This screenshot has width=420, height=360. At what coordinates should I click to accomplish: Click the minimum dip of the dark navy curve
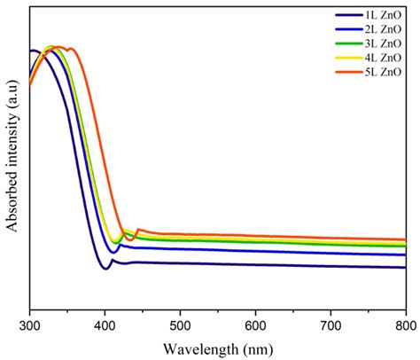[106, 268]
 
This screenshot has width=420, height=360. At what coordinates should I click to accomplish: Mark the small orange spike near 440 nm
[137, 230]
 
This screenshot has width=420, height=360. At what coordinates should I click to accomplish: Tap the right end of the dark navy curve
[405, 267]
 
